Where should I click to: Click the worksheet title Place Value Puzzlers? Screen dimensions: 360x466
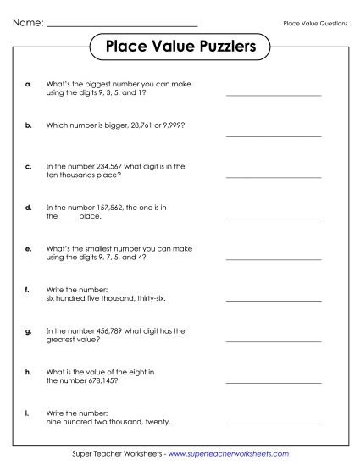click(x=180, y=47)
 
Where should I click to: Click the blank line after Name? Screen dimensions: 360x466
click(x=122, y=25)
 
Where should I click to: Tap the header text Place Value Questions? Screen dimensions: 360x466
click(x=315, y=23)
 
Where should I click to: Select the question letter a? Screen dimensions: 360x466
click(x=30, y=84)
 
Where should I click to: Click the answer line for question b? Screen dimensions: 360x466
click(x=274, y=136)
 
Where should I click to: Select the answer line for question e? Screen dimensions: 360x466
click(x=274, y=259)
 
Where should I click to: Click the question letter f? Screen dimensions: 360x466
click(x=29, y=290)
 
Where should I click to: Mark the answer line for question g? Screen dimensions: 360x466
click(x=274, y=341)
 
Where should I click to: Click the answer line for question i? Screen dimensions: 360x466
click(x=274, y=424)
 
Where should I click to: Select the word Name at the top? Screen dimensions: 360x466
click(x=27, y=23)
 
